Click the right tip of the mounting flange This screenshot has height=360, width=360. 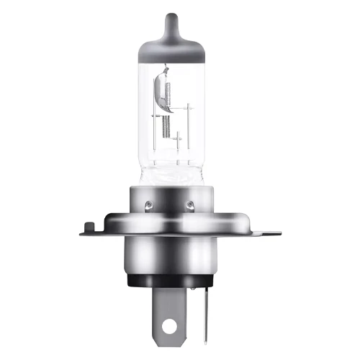click(x=278, y=233)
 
